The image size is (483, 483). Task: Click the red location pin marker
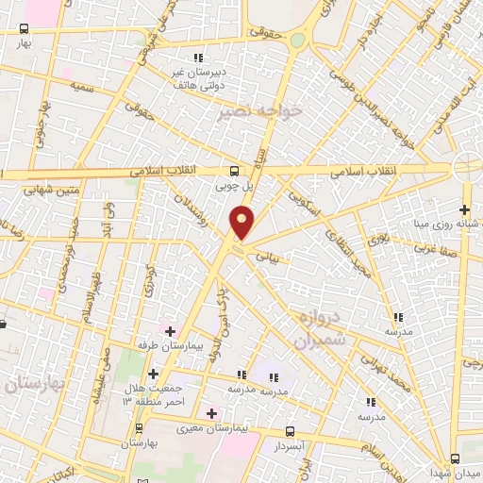click(x=242, y=224)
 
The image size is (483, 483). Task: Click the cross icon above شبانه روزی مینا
click(x=463, y=209)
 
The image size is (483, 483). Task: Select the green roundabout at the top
click(x=298, y=40)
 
